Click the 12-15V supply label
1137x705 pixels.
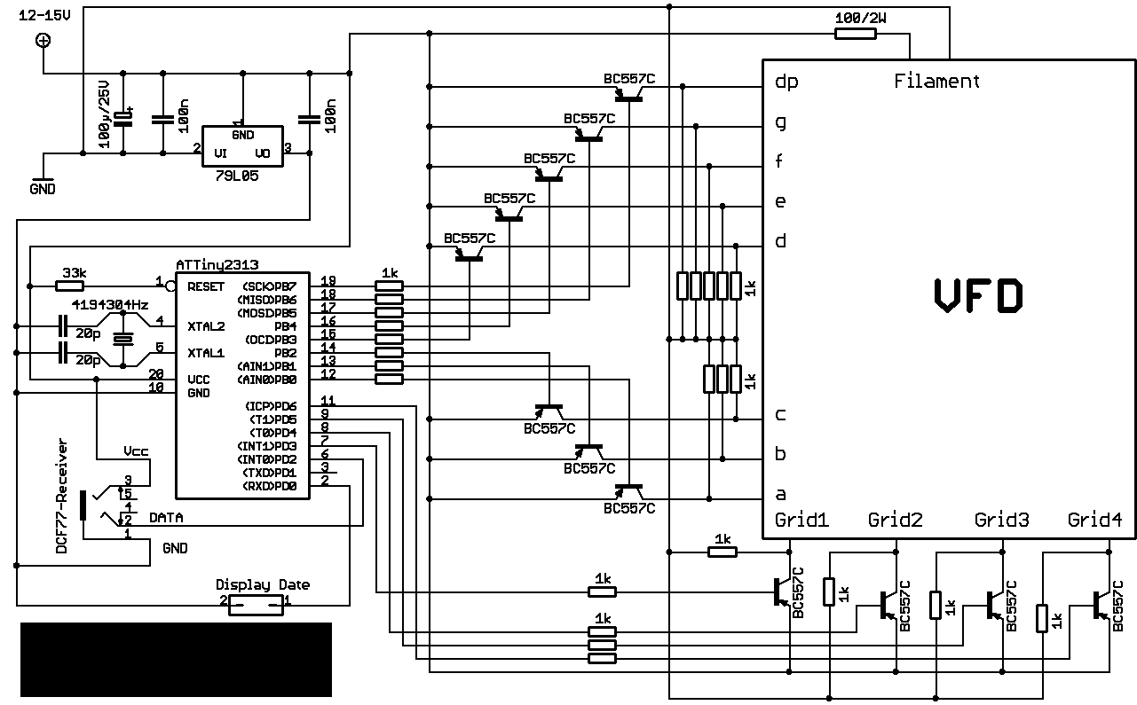tap(44, 16)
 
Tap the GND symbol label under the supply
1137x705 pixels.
tap(43, 189)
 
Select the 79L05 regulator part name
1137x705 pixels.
tap(237, 176)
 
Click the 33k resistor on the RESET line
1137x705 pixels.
tap(69, 286)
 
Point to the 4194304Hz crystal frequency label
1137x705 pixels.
tap(110, 305)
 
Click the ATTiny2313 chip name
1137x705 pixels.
tap(217, 265)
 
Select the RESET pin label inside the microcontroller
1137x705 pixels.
tap(206, 287)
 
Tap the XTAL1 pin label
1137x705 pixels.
tap(206, 353)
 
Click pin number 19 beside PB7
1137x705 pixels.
tap(328, 280)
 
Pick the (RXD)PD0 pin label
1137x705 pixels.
tap(269, 486)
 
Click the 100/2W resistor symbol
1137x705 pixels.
tap(856, 34)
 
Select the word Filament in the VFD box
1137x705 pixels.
tap(936, 82)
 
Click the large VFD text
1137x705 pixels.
tap(978, 295)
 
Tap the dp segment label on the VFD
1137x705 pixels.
tap(786, 82)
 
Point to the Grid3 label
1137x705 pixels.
tap(1001, 520)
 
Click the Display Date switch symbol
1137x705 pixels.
tap(256, 606)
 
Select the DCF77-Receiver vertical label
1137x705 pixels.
tap(61, 496)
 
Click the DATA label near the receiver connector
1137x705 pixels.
tap(166, 518)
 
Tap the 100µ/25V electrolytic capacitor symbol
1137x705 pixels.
tap(122, 118)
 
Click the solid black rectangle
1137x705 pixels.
tap(176, 660)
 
